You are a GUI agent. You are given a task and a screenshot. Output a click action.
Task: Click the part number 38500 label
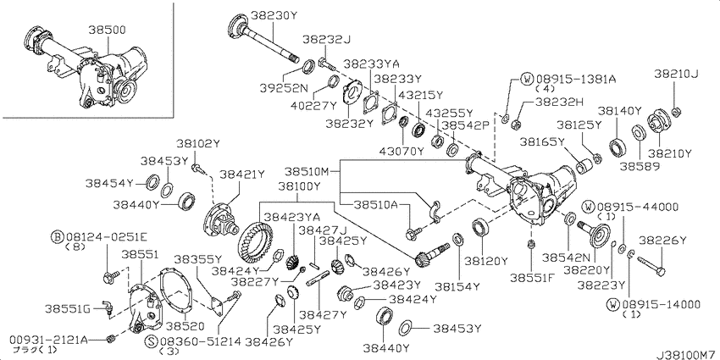tap(107, 30)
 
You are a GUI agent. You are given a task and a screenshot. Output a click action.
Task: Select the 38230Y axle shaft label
tap(274, 15)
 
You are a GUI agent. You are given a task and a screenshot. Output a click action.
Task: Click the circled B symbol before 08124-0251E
tap(58, 237)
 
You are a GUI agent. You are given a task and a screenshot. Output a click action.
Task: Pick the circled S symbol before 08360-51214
tap(151, 341)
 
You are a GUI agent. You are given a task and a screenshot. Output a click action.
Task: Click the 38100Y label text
tap(299, 186)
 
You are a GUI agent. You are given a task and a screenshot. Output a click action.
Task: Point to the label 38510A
tap(375, 205)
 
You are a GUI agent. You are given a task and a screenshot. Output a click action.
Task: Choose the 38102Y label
tap(198, 144)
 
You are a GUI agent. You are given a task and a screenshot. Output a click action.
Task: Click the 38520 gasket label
tap(185, 325)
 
